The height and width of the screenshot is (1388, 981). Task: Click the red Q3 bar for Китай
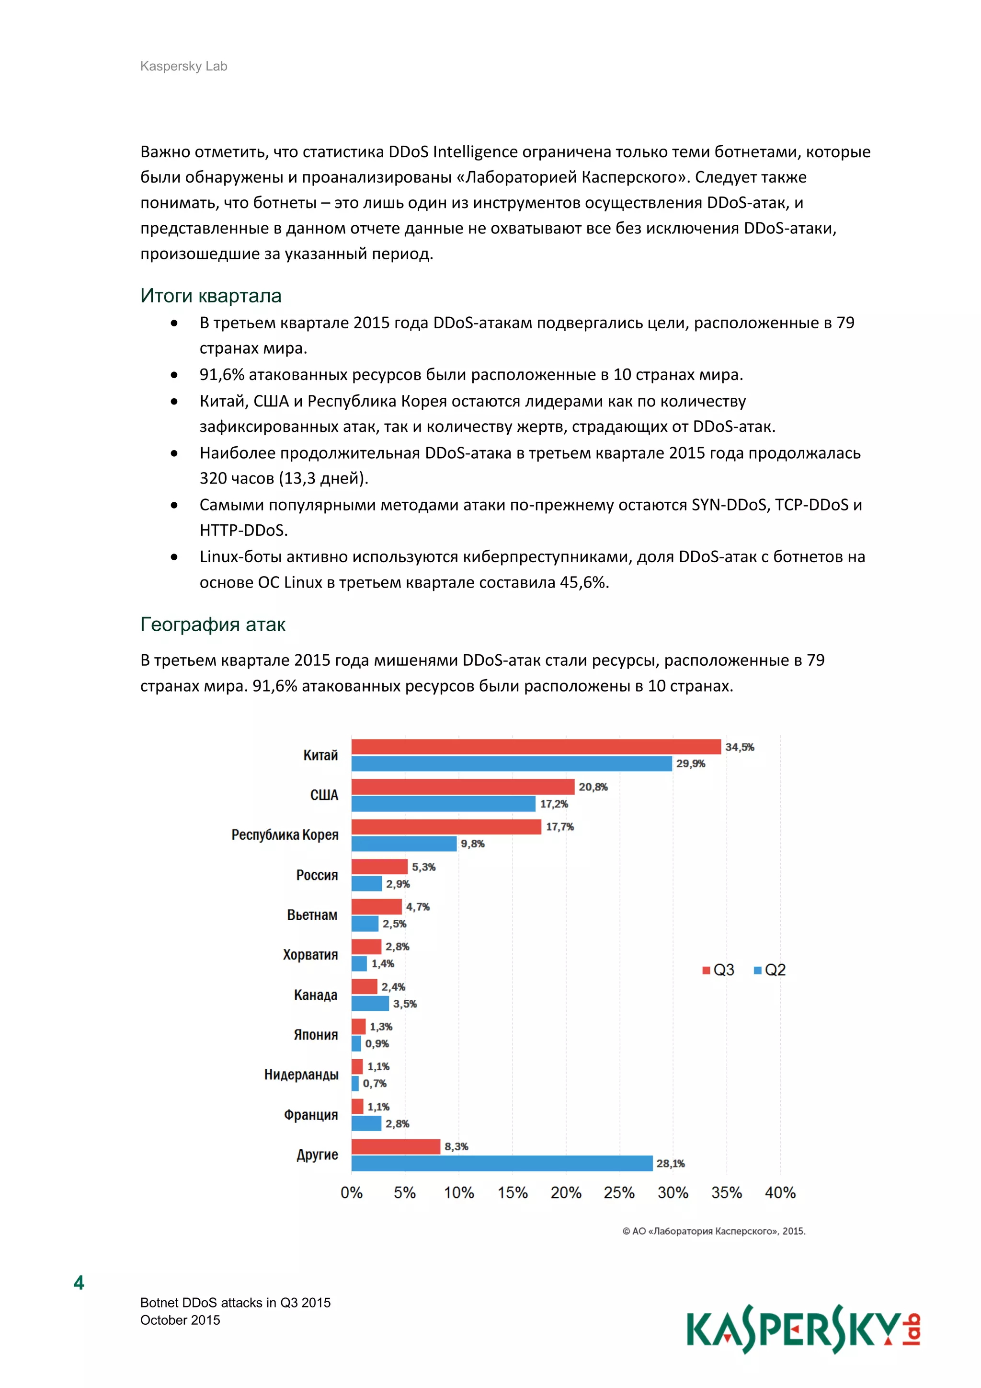pos(536,747)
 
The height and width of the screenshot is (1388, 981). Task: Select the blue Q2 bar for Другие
pos(502,1163)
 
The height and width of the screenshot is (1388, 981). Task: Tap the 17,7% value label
pos(559,826)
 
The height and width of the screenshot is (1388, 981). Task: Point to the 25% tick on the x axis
pos(619,1193)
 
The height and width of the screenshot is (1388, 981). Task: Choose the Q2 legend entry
pos(770,970)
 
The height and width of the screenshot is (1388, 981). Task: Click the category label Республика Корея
pos(285,835)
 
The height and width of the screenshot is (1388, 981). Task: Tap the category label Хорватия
pos(310,955)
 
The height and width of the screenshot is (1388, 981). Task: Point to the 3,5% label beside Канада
pos(405,1004)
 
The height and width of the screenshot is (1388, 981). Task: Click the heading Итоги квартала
pos(211,296)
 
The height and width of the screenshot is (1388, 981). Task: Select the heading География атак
pos(213,625)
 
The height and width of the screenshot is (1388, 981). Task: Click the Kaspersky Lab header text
pos(183,67)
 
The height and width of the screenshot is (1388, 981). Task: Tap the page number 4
pos(79,1283)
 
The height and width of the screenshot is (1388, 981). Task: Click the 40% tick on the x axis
pos(780,1193)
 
